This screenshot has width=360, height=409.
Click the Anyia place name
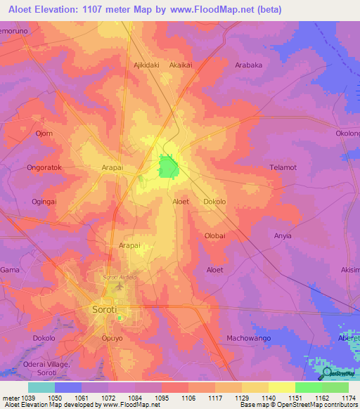(282, 236)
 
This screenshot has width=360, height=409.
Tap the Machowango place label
(249, 338)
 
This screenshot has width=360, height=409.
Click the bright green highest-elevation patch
(168, 167)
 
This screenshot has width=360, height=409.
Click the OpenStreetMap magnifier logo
(325, 372)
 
